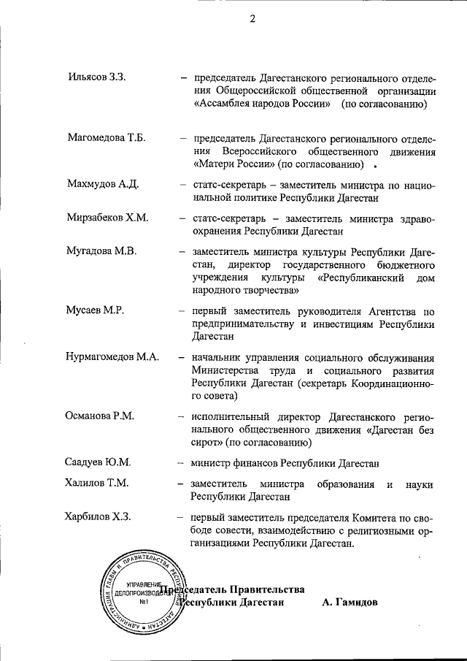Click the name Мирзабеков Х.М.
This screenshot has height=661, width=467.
coord(107,218)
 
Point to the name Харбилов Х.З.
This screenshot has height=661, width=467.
coord(99,518)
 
